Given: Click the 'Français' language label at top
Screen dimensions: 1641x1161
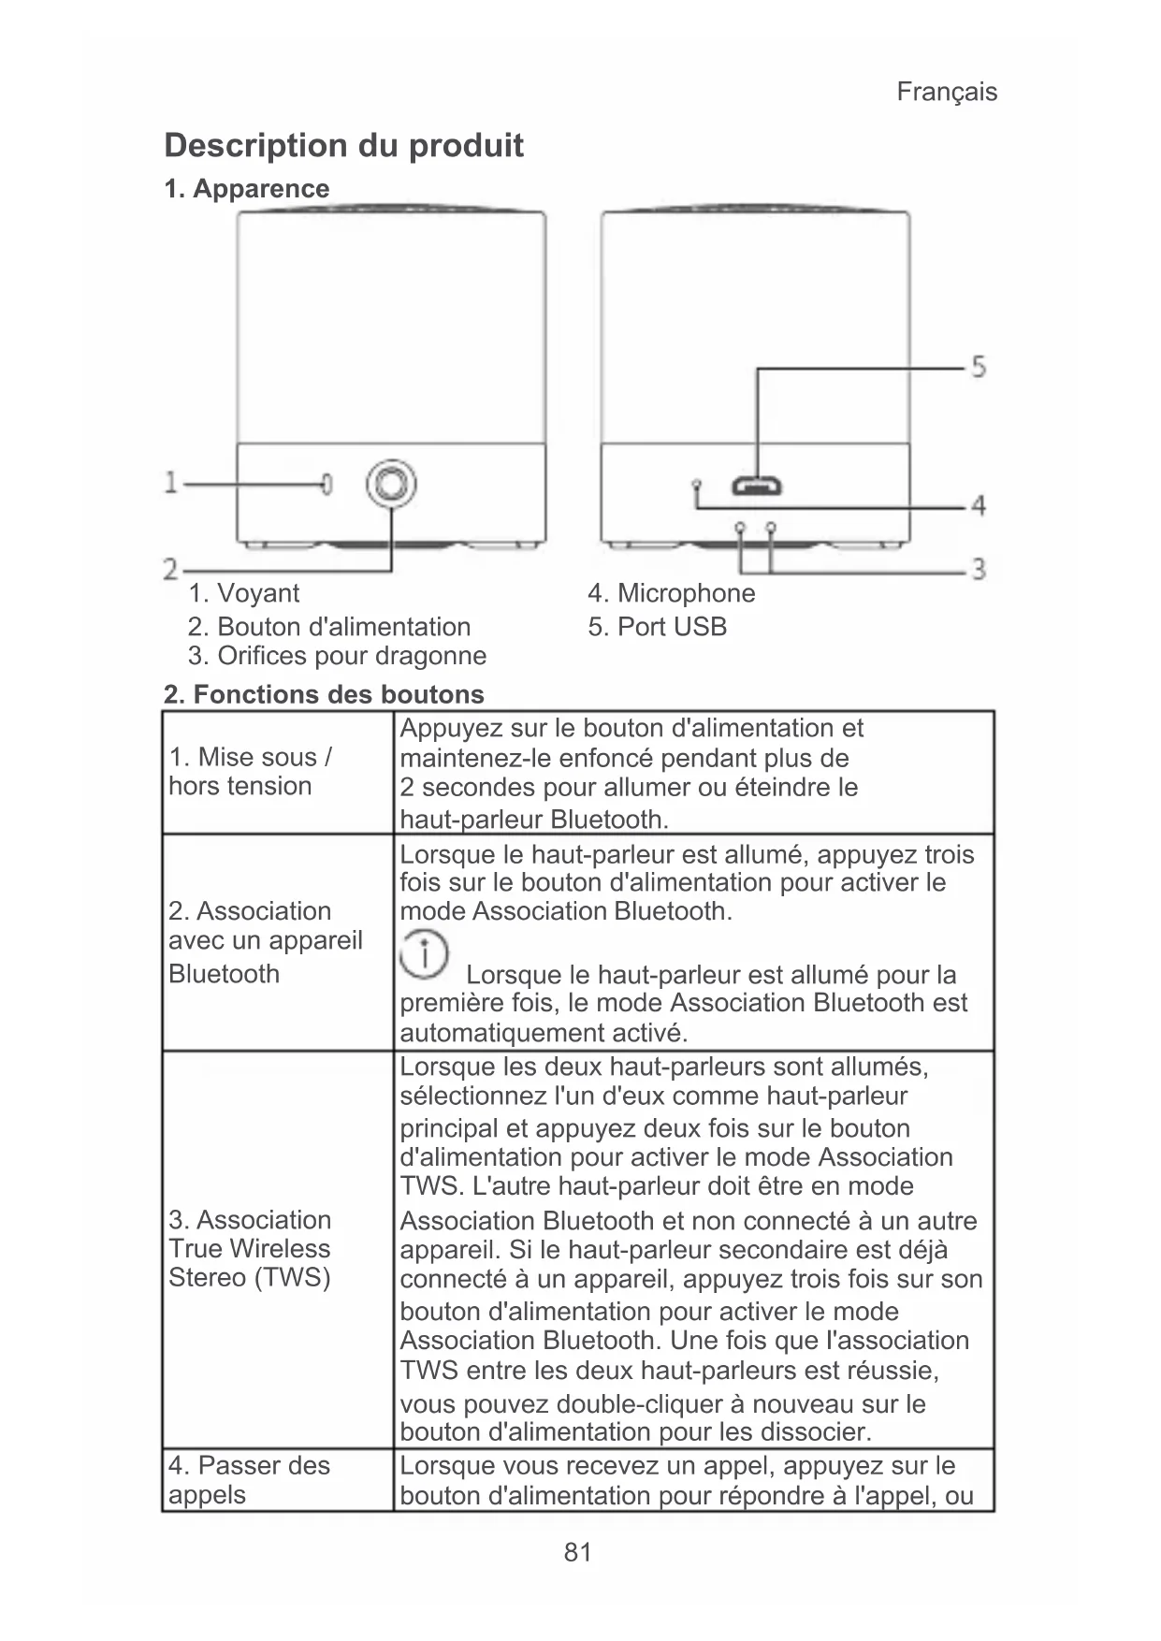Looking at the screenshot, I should (946, 92).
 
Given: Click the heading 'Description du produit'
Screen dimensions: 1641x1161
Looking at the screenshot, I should (343, 145).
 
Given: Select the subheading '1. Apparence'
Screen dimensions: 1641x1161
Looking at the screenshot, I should (247, 189).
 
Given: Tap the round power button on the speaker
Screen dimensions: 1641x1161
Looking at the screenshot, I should (391, 484).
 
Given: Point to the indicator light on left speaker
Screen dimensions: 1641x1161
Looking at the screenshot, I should (327, 484).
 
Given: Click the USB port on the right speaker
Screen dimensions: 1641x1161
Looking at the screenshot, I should (758, 486).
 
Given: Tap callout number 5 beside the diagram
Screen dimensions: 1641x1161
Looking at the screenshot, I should (978, 366).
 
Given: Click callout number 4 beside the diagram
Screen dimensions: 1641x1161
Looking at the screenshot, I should (978, 506).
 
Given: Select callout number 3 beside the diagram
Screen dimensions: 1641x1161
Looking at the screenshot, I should (979, 568).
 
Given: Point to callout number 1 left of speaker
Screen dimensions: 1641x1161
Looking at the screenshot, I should (171, 483).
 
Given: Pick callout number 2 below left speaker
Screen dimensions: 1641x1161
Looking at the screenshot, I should (170, 569).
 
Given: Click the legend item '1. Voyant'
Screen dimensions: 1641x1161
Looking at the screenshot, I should (243, 593).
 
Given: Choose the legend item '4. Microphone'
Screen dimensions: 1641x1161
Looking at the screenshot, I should (671, 593).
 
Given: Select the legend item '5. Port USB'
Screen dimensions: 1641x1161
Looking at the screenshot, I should (657, 627).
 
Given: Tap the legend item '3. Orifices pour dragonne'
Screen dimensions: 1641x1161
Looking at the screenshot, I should (337, 656).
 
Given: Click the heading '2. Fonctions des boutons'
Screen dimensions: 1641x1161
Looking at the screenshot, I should (324, 694).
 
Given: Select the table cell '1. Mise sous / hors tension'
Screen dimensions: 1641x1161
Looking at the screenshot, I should (250, 772).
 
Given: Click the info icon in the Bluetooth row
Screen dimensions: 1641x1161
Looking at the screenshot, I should (425, 955).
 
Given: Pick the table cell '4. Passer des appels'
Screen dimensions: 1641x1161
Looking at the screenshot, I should (249, 1479).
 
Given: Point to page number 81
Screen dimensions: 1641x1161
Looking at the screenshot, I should (578, 1553).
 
